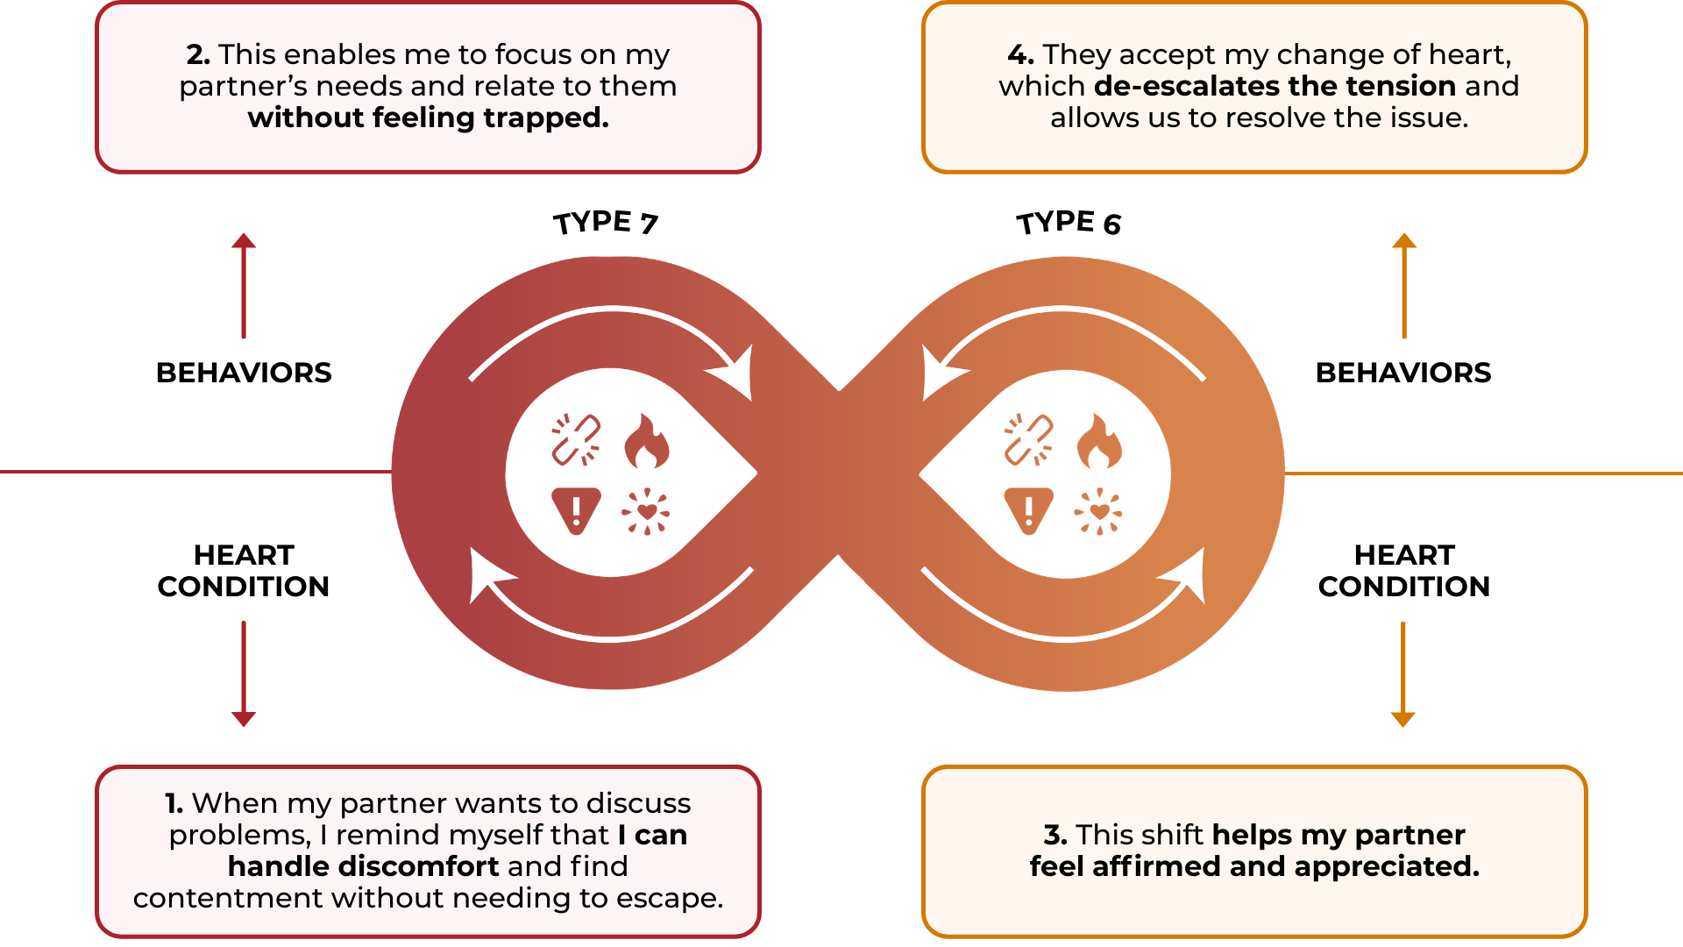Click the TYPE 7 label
605,223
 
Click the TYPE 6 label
1069,223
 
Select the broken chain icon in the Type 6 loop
1028,438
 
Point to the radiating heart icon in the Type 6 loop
1098,511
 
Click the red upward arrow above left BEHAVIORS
244,285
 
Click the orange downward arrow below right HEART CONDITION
1403,675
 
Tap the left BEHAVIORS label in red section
244,373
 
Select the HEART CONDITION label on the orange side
1403,571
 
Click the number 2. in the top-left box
198,54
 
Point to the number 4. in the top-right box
1020,54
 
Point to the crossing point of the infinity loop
839,473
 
